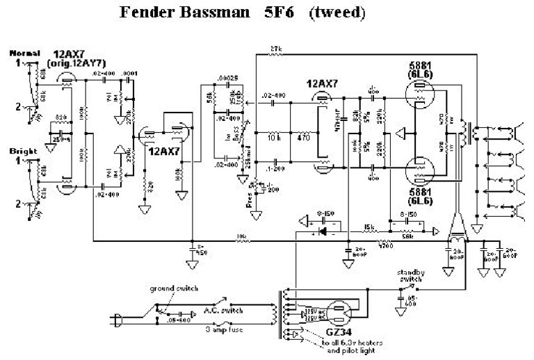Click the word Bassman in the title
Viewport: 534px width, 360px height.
(x=208, y=13)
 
